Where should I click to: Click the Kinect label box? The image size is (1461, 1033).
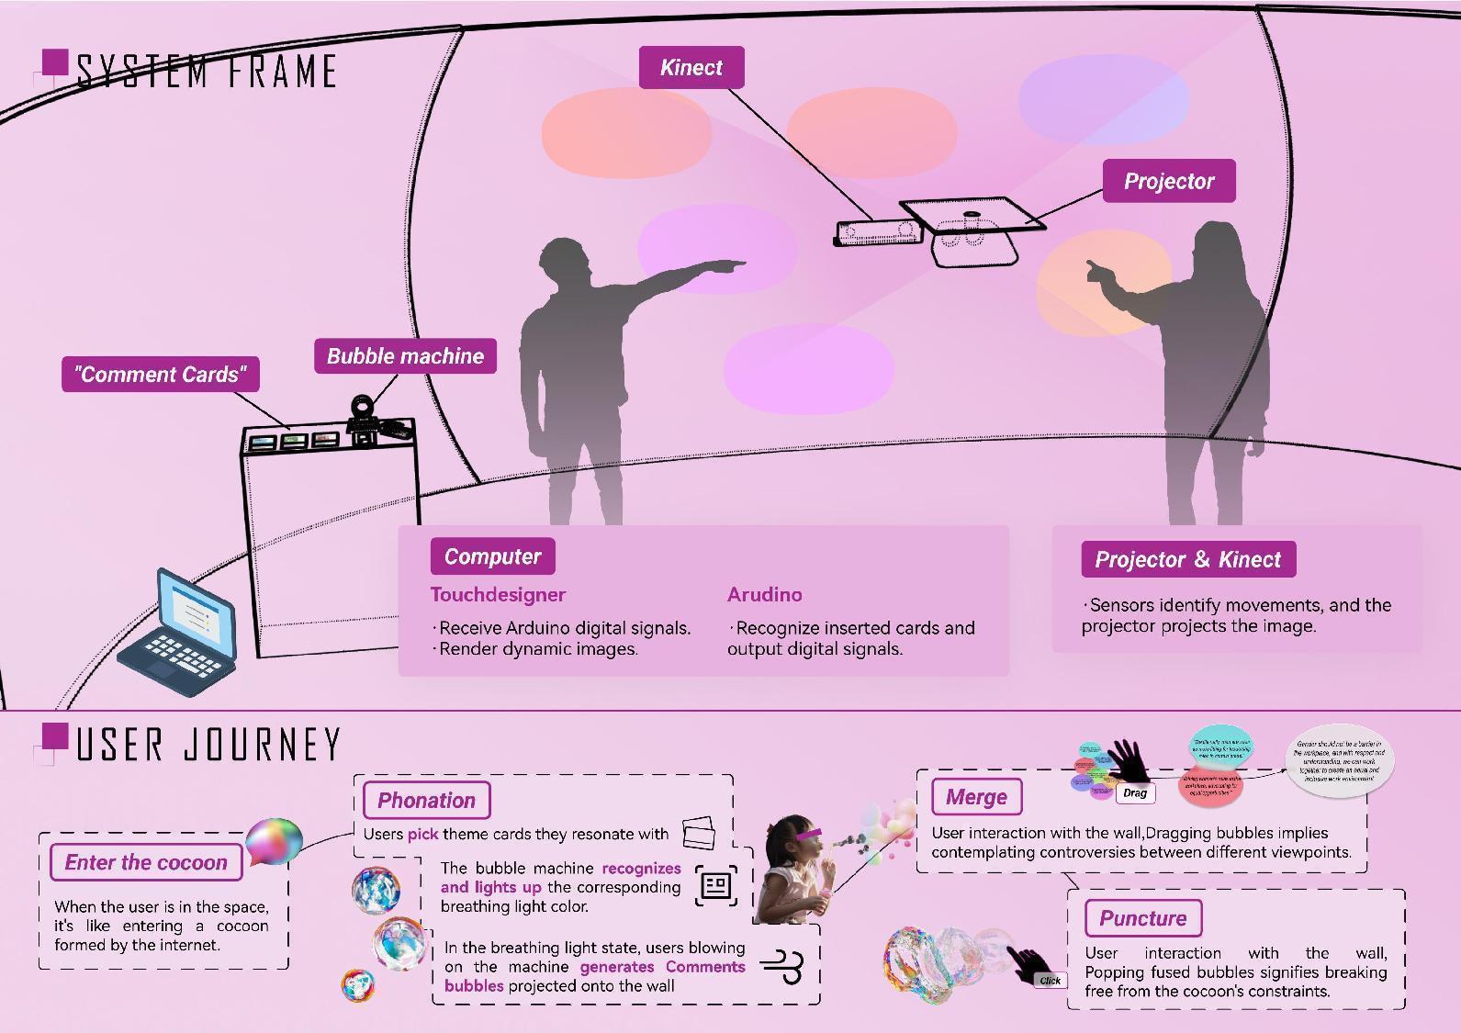click(x=691, y=68)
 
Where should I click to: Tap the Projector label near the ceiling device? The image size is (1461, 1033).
click(x=1169, y=181)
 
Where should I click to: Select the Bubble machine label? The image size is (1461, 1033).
click(x=405, y=356)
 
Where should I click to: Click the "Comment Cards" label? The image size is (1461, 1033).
click(x=160, y=375)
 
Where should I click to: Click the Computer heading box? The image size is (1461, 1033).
click(x=492, y=556)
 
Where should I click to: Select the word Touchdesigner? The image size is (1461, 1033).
click(x=498, y=595)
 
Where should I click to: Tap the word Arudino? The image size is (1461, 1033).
click(x=764, y=595)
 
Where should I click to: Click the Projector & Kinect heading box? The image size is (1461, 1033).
click(x=1187, y=559)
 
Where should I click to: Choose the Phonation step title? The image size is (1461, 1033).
click(x=426, y=800)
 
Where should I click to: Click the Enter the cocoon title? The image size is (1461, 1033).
click(x=146, y=862)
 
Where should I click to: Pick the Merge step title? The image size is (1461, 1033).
click(x=976, y=797)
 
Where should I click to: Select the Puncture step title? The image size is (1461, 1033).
click(x=1142, y=918)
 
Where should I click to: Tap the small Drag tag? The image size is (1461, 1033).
click(x=1135, y=793)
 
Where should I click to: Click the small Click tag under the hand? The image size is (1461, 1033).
click(x=1050, y=981)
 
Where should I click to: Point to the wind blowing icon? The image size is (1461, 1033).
click(x=783, y=967)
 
